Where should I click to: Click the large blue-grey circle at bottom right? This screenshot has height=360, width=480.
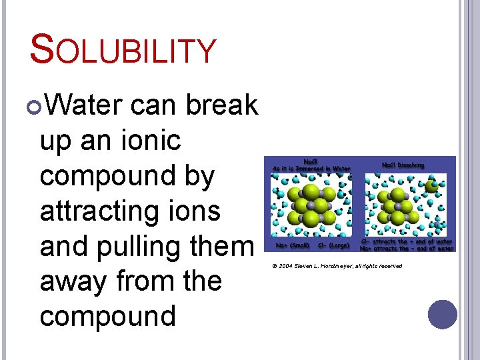coord(443,315)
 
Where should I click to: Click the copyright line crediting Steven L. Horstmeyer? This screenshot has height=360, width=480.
coord(337,266)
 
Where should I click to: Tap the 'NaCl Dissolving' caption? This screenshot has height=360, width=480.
coord(403,165)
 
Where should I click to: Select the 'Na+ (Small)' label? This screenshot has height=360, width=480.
coord(288,245)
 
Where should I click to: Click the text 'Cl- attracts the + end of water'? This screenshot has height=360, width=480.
coord(407,241)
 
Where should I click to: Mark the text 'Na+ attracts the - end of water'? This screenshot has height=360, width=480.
coord(407,248)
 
